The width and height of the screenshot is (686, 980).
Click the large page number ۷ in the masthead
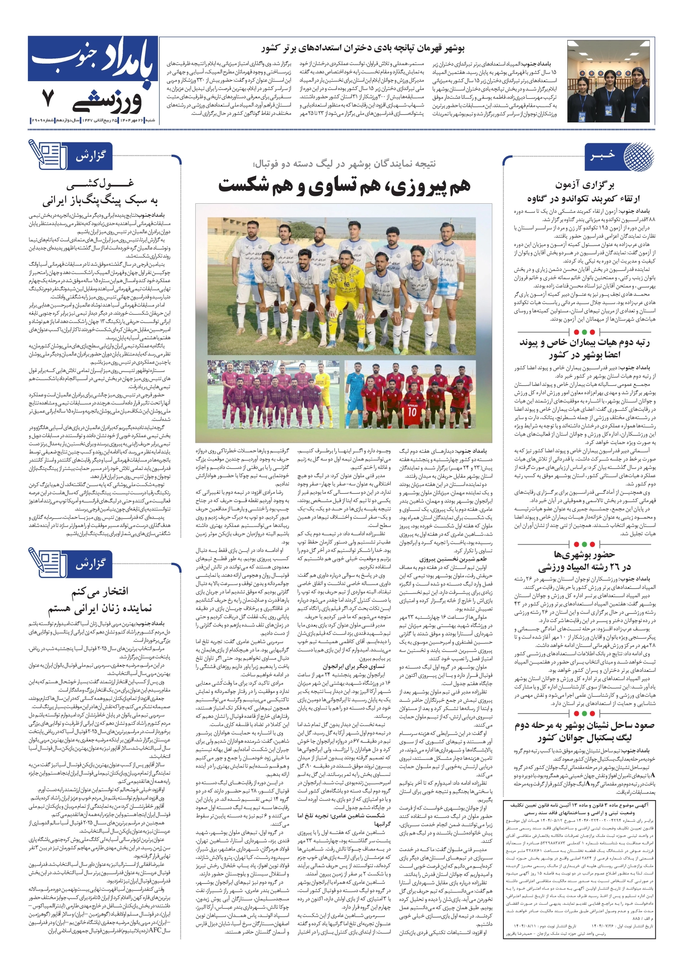coord(48,98)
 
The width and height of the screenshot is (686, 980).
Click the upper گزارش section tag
coord(90,156)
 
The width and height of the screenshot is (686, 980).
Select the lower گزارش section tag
coord(90,563)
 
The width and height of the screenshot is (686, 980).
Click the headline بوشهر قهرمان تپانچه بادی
coord(363,48)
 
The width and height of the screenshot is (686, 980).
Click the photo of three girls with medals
coord(609,81)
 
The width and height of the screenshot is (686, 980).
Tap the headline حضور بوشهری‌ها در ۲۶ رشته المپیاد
coord(584,560)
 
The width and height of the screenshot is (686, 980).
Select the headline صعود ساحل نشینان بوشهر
coord(584,732)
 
